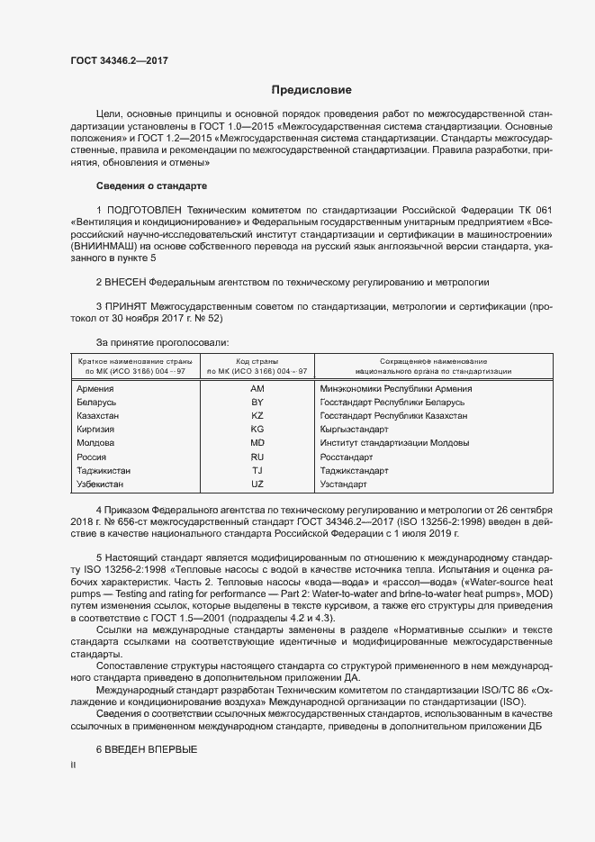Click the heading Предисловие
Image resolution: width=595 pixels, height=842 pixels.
tap(311, 90)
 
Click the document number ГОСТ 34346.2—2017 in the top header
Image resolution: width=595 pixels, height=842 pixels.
tap(119, 60)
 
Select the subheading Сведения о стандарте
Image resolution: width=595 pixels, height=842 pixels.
tap(151, 186)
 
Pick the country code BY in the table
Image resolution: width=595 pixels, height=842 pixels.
tap(257, 402)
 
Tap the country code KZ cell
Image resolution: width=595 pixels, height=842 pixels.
tap(257, 416)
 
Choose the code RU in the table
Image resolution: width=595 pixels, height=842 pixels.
tap(257, 457)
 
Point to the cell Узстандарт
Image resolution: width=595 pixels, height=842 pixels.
tap(343, 484)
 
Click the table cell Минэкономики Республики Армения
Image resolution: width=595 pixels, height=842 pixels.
tap(395, 388)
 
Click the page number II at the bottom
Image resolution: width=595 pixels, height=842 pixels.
tap(73, 765)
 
